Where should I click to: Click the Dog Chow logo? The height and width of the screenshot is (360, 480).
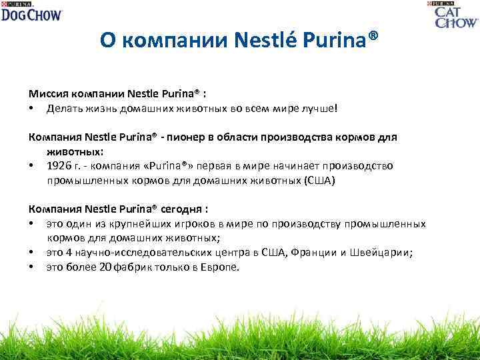31,11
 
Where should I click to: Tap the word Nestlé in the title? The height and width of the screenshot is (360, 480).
265,41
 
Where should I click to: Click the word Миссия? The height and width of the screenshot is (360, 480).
51,94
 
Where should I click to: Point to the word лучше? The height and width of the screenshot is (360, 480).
322,107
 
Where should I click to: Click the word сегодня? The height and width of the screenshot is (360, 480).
183,209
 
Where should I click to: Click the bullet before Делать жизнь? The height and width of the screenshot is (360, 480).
31,108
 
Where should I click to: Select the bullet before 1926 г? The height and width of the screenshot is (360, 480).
31,165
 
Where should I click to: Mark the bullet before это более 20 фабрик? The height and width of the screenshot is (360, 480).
31,267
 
